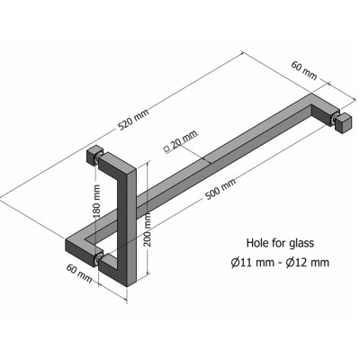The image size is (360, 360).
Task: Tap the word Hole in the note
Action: pyautogui.click(x=260, y=242)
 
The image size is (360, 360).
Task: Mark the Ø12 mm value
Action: pyautogui.click(x=308, y=262)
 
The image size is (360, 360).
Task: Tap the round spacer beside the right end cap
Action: pyautogui.click(x=334, y=117)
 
